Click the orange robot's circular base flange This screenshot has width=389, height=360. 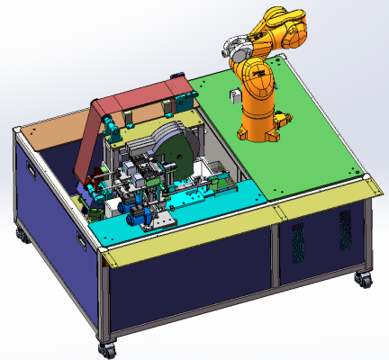point(262,132)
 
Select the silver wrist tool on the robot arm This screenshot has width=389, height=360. point(235,45)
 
